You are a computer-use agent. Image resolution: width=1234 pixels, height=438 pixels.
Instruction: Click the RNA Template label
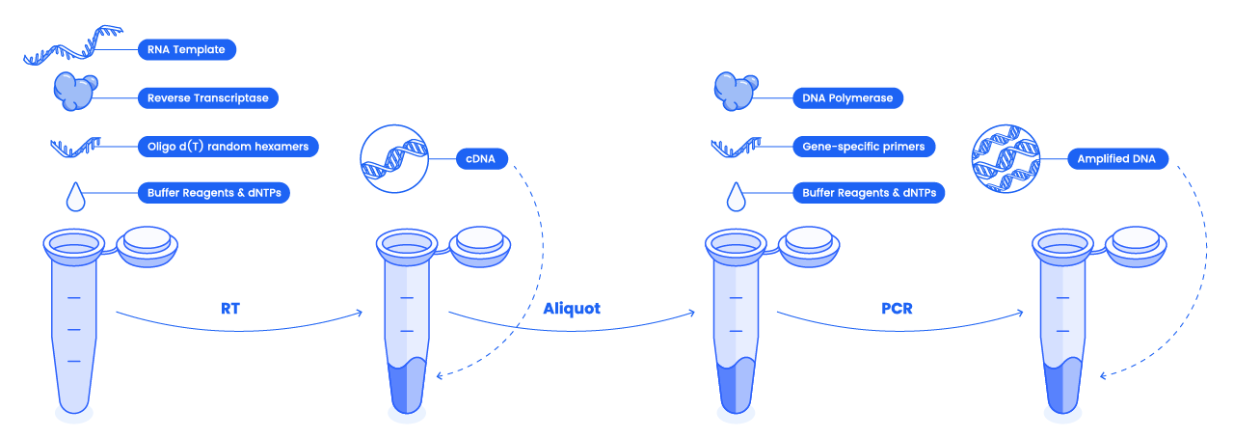(187, 49)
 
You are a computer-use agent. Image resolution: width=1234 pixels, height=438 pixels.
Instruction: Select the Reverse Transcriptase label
(207, 98)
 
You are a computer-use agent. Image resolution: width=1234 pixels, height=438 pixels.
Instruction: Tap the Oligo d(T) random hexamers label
(228, 147)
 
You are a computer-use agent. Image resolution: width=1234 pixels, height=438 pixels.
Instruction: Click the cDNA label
(481, 159)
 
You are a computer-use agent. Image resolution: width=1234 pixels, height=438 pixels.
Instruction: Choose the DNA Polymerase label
(847, 98)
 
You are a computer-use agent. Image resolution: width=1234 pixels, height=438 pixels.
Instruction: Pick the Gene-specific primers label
(864, 147)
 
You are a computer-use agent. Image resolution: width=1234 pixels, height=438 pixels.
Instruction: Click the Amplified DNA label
(1117, 159)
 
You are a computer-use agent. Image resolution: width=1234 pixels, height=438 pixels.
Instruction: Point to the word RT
(230, 309)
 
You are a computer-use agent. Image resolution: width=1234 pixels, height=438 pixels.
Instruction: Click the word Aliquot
(572, 309)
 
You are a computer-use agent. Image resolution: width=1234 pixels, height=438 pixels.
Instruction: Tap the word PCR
(897, 309)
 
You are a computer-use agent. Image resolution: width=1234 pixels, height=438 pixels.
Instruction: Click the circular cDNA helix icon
(394, 159)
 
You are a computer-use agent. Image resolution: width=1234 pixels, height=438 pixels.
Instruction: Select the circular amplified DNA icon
(1006, 159)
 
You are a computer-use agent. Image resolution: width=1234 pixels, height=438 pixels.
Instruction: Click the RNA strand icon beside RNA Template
(72, 45)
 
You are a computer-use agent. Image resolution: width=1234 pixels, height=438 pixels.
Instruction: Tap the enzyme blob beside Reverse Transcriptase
(75, 92)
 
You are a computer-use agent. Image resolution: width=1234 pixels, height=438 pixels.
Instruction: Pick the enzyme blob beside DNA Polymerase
(736, 92)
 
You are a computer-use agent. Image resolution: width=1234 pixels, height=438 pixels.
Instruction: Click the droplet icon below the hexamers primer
(75, 197)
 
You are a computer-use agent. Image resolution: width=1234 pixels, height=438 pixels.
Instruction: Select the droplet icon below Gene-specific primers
(736, 197)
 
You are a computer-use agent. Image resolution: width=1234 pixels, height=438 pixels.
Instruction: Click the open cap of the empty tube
(148, 247)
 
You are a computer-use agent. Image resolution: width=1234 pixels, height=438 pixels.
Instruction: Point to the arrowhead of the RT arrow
(360, 313)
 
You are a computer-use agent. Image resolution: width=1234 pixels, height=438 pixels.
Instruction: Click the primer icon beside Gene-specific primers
(736, 148)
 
